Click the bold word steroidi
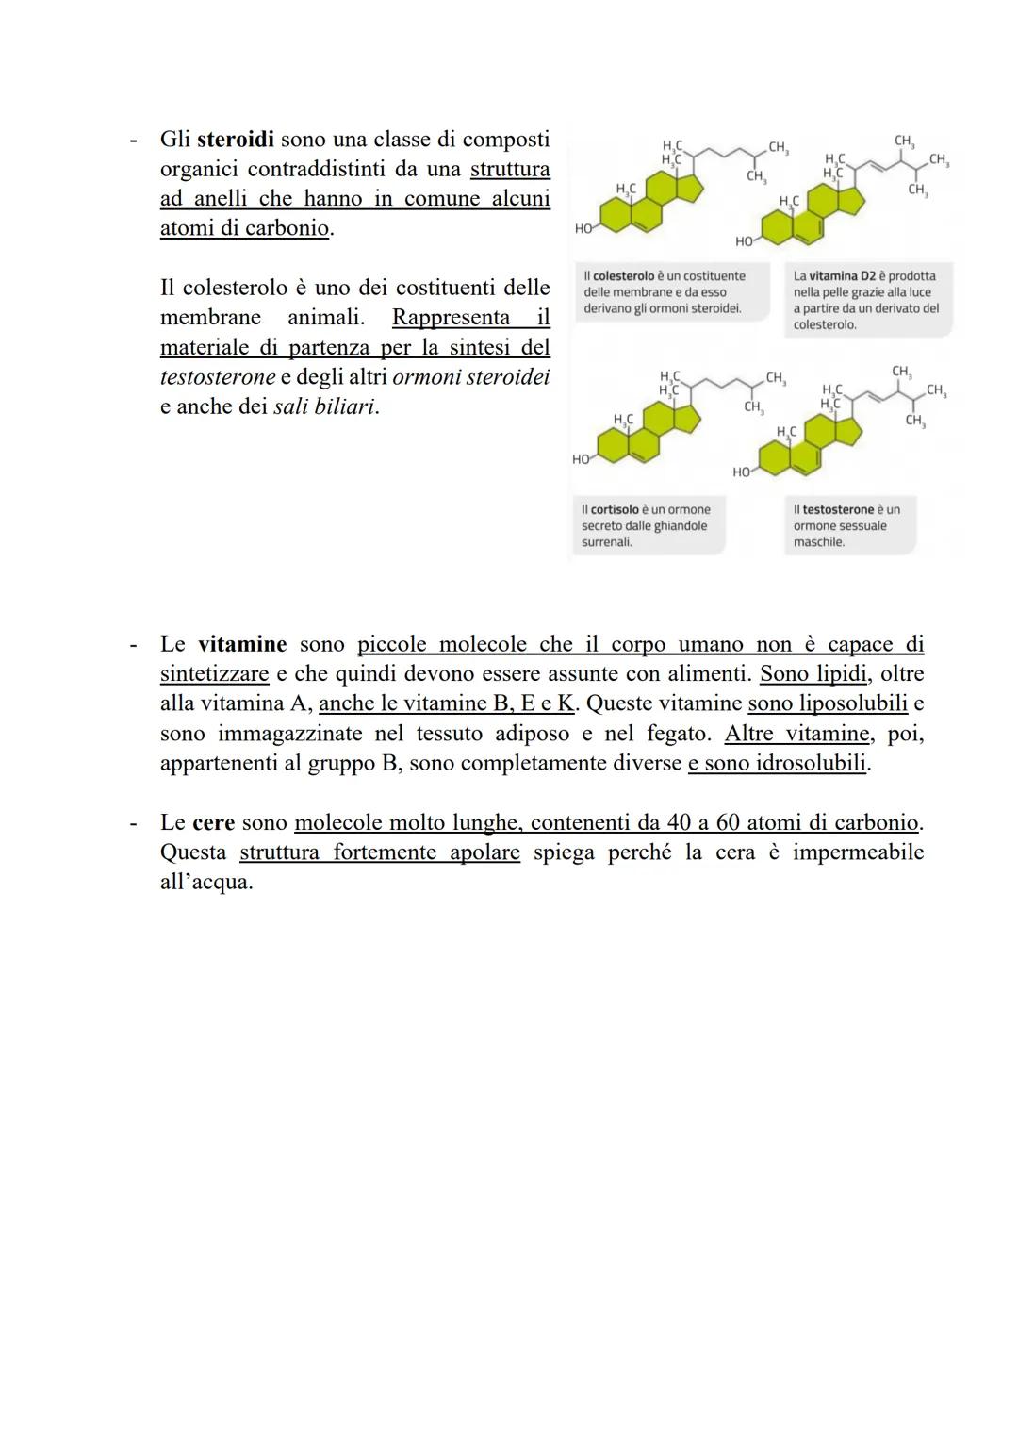click(x=235, y=140)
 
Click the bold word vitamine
click(x=241, y=644)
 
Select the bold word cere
click(x=213, y=822)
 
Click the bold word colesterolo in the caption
click(x=623, y=276)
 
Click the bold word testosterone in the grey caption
click(x=838, y=510)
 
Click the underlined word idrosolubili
click(x=811, y=763)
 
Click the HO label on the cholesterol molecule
click(x=584, y=229)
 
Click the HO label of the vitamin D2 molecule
click(x=745, y=242)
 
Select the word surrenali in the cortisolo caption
click(x=606, y=542)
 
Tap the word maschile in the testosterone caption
click(x=818, y=542)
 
